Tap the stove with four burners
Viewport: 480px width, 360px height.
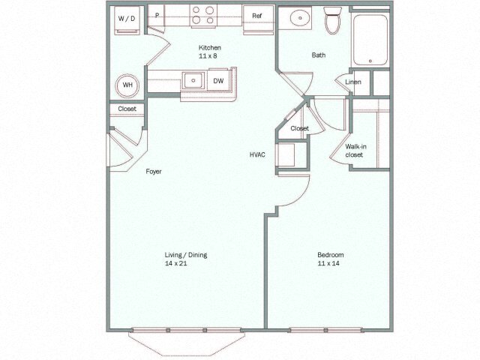203,15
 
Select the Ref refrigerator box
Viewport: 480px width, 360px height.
257,16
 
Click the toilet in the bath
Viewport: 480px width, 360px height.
332,20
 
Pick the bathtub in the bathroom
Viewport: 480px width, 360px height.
370,39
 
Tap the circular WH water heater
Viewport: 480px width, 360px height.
127,85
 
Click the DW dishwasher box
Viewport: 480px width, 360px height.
219,79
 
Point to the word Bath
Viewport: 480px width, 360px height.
319,55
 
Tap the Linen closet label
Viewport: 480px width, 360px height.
353,82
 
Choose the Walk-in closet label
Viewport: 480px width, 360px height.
354,151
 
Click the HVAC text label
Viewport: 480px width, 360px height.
259,154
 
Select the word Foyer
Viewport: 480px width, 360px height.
154,172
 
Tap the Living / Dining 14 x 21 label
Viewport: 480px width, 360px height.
186,259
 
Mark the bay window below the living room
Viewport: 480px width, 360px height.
187,341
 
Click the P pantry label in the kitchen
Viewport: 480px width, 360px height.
158,14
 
